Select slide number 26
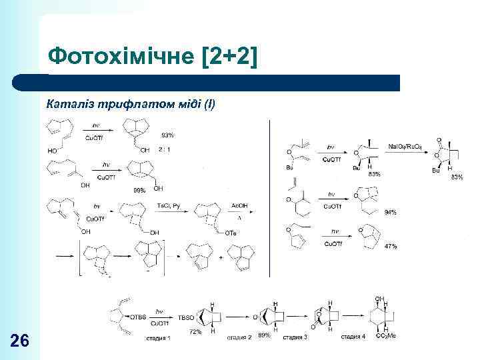tap(21, 342)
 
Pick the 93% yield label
tap(166, 135)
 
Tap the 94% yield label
tap(390, 212)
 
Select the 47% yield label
tap(390, 246)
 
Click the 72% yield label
tap(195, 331)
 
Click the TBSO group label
tap(186, 318)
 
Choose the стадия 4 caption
tap(353, 337)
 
